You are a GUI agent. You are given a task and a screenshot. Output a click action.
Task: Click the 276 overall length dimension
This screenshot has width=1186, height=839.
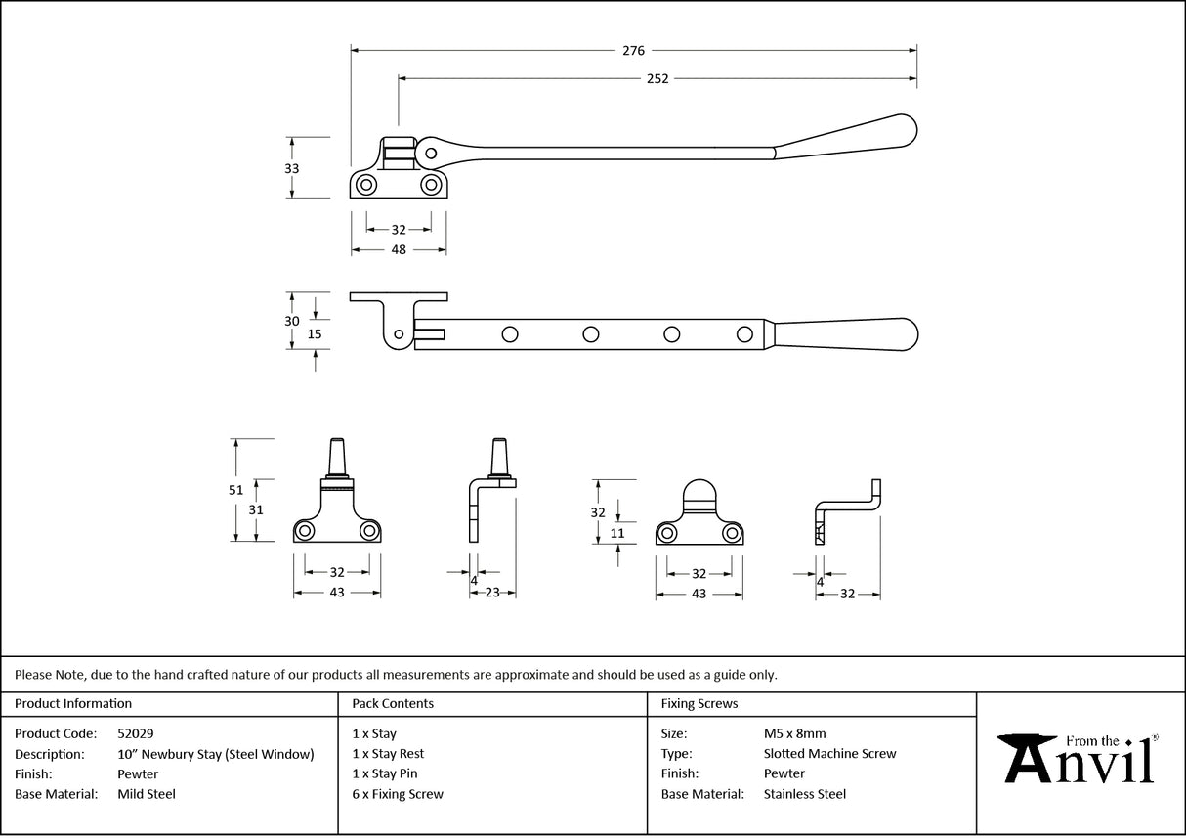click(x=633, y=50)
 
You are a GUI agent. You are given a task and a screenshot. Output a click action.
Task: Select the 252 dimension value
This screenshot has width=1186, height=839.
click(x=657, y=79)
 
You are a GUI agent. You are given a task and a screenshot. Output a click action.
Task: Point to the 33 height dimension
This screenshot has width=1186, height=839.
click(x=291, y=168)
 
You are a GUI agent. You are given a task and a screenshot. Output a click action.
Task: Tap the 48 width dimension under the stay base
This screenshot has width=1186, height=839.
click(x=399, y=250)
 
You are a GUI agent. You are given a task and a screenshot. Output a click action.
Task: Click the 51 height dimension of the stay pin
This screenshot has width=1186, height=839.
click(x=235, y=490)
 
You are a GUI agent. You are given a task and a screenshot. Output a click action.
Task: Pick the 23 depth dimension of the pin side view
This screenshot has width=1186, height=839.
click(x=493, y=592)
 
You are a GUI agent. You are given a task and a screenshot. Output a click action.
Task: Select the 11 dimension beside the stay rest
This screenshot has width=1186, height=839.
click(x=616, y=534)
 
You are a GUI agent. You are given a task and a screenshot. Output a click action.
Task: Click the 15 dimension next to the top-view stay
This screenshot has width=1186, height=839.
click(x=315, y=333)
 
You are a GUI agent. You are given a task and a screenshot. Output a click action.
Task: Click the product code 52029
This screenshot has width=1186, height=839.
click(x=135, y=733)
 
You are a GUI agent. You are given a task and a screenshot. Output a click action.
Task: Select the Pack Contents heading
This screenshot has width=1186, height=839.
click(x=393, y=703)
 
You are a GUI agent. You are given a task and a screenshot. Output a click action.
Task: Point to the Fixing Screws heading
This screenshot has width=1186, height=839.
click(x=699, y=703)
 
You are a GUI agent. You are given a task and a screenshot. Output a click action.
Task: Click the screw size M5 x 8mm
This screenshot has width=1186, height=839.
click(x=794, y=733)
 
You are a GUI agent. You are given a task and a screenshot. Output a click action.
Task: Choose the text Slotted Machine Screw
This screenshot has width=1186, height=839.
click(x=829, y=754)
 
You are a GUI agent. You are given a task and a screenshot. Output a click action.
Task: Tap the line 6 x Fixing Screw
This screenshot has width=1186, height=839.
click(x=398, y=794)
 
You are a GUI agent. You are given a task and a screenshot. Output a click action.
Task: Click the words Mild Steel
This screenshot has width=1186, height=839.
click(x=146, y=794)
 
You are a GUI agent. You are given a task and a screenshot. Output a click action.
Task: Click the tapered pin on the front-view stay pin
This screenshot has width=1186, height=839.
click(x=337, y=457)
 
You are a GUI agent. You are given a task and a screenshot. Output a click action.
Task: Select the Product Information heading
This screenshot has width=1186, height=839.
click(x=73, y=703)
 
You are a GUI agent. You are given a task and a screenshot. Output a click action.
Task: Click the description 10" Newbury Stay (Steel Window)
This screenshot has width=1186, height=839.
click(x=215, y=754)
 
